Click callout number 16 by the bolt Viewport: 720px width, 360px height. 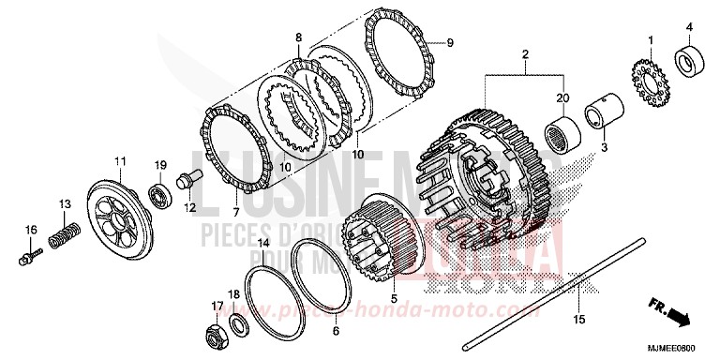[x=31, y=230]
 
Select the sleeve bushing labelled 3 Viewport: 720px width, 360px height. [x=599, y=116]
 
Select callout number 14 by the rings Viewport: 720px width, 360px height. [x=263, y=242]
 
